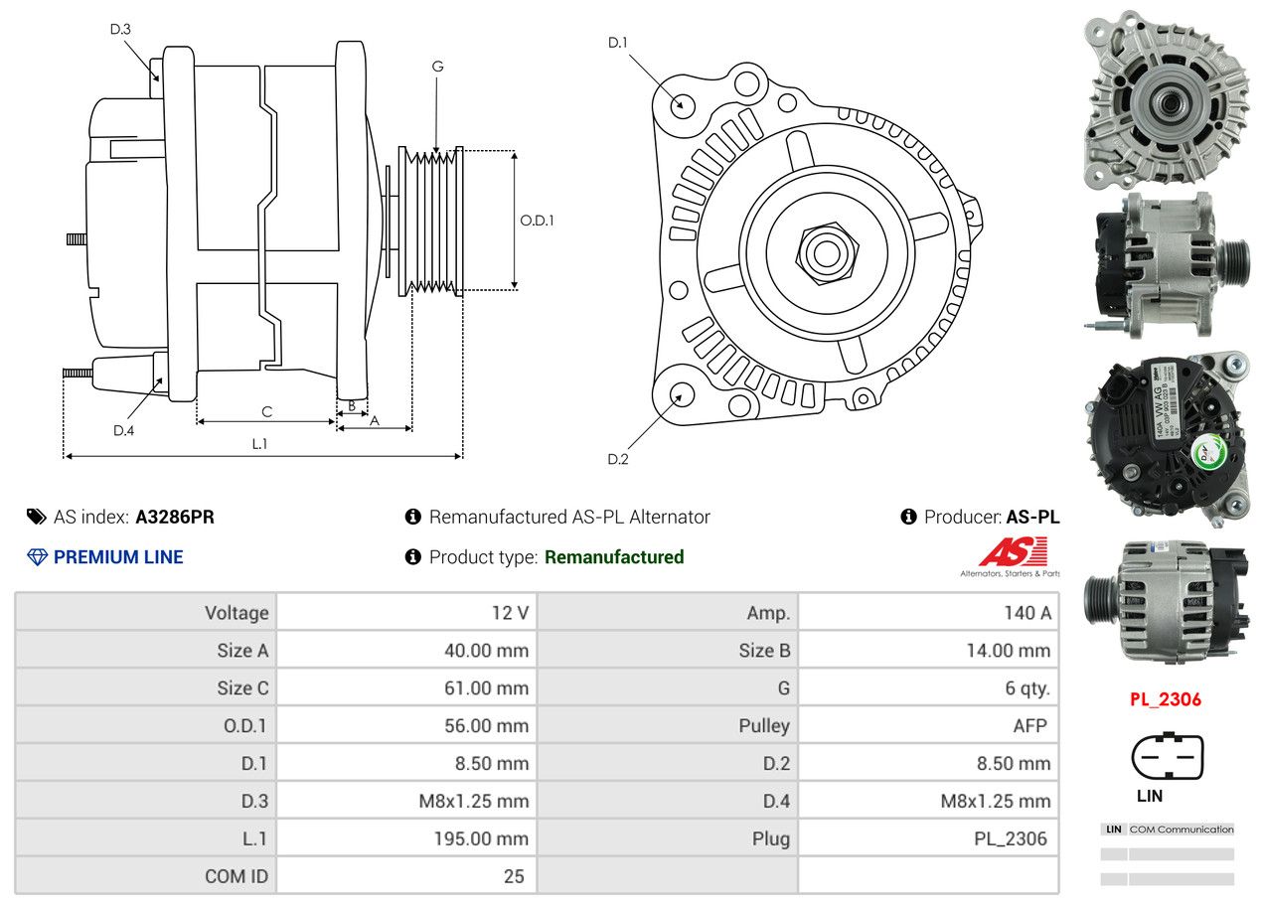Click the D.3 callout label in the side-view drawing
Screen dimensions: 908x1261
[120, 29]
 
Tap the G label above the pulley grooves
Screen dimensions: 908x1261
[437, 67]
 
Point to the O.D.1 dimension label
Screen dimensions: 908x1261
[537, 221]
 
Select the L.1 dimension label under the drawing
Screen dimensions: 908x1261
[259, 444]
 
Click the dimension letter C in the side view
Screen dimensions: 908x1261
[266, 411]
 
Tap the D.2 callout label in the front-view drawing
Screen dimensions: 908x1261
[618, 459]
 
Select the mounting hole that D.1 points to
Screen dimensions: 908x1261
[682, 104]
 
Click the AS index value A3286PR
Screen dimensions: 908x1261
[175, 517]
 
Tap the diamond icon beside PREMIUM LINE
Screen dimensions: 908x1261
[37, 557]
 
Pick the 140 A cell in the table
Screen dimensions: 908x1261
[1026, 613]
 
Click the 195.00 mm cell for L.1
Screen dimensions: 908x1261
[480, 838]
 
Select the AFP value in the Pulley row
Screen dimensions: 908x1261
[1029, 725]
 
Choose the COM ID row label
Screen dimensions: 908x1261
[236, 876]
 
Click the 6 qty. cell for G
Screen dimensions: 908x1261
[1026, 687]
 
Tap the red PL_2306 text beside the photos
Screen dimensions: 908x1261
[1165, 699]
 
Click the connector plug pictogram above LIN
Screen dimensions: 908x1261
[1167, 757]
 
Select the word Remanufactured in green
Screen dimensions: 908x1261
[614, 557]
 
